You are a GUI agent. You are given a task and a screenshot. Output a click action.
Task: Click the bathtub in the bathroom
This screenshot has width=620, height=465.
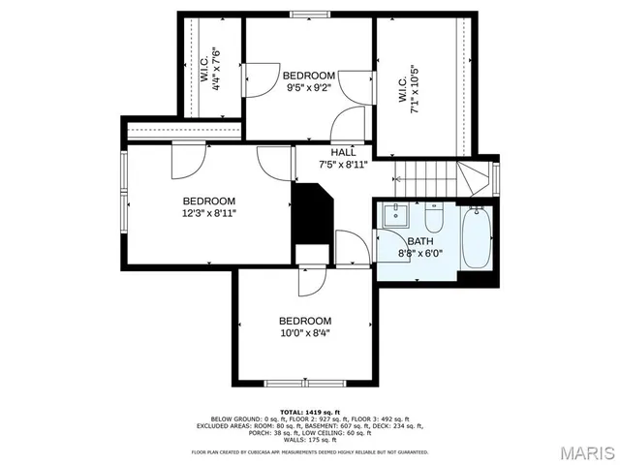point(475,239)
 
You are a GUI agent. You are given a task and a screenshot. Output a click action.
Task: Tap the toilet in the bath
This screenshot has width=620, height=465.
point(432,208)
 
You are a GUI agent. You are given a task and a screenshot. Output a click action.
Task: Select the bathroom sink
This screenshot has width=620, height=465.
point(393,214)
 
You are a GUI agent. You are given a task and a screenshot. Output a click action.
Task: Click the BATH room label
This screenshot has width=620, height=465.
point(420,241)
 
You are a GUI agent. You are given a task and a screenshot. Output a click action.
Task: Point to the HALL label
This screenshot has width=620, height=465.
point(343,152)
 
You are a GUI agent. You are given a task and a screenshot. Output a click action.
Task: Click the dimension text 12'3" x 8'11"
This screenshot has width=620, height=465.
point(208,213)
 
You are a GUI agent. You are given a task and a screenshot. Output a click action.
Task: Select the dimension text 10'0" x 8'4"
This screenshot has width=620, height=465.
point(305,333)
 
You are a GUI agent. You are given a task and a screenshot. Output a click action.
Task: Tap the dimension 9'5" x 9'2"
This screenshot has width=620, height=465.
point(309,87)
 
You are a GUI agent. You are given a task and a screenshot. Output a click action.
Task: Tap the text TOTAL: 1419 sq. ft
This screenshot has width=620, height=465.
point(309,411)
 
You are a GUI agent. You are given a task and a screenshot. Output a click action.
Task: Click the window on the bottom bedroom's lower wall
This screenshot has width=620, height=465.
point(292,382)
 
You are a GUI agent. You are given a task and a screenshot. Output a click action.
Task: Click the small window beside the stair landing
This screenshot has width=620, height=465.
point(495,176)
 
